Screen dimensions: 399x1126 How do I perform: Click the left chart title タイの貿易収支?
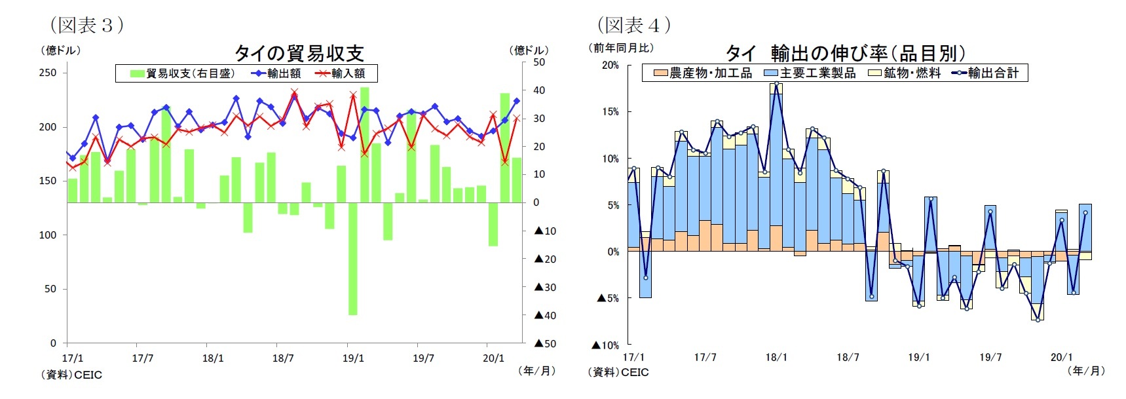click(299, 53)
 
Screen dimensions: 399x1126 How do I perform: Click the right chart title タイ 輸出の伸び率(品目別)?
click(845, 53)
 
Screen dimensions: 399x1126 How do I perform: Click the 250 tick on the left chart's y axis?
click(48, 73)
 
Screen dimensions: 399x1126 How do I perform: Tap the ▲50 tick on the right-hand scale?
click(545, 343)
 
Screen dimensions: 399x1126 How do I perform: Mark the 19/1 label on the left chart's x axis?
click(353, 358)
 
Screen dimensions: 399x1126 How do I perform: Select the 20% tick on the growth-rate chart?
click(610, 66)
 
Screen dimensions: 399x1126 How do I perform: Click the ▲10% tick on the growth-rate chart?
click(605, 345)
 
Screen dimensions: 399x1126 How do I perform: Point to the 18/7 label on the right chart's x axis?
click(848, 357)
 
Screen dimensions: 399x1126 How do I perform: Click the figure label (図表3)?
click(86, 25)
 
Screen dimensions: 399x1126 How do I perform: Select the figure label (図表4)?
click(633, 25)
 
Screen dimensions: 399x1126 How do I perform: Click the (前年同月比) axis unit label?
click(622, 48)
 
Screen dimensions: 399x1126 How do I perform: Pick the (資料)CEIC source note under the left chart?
click(71, 375)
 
